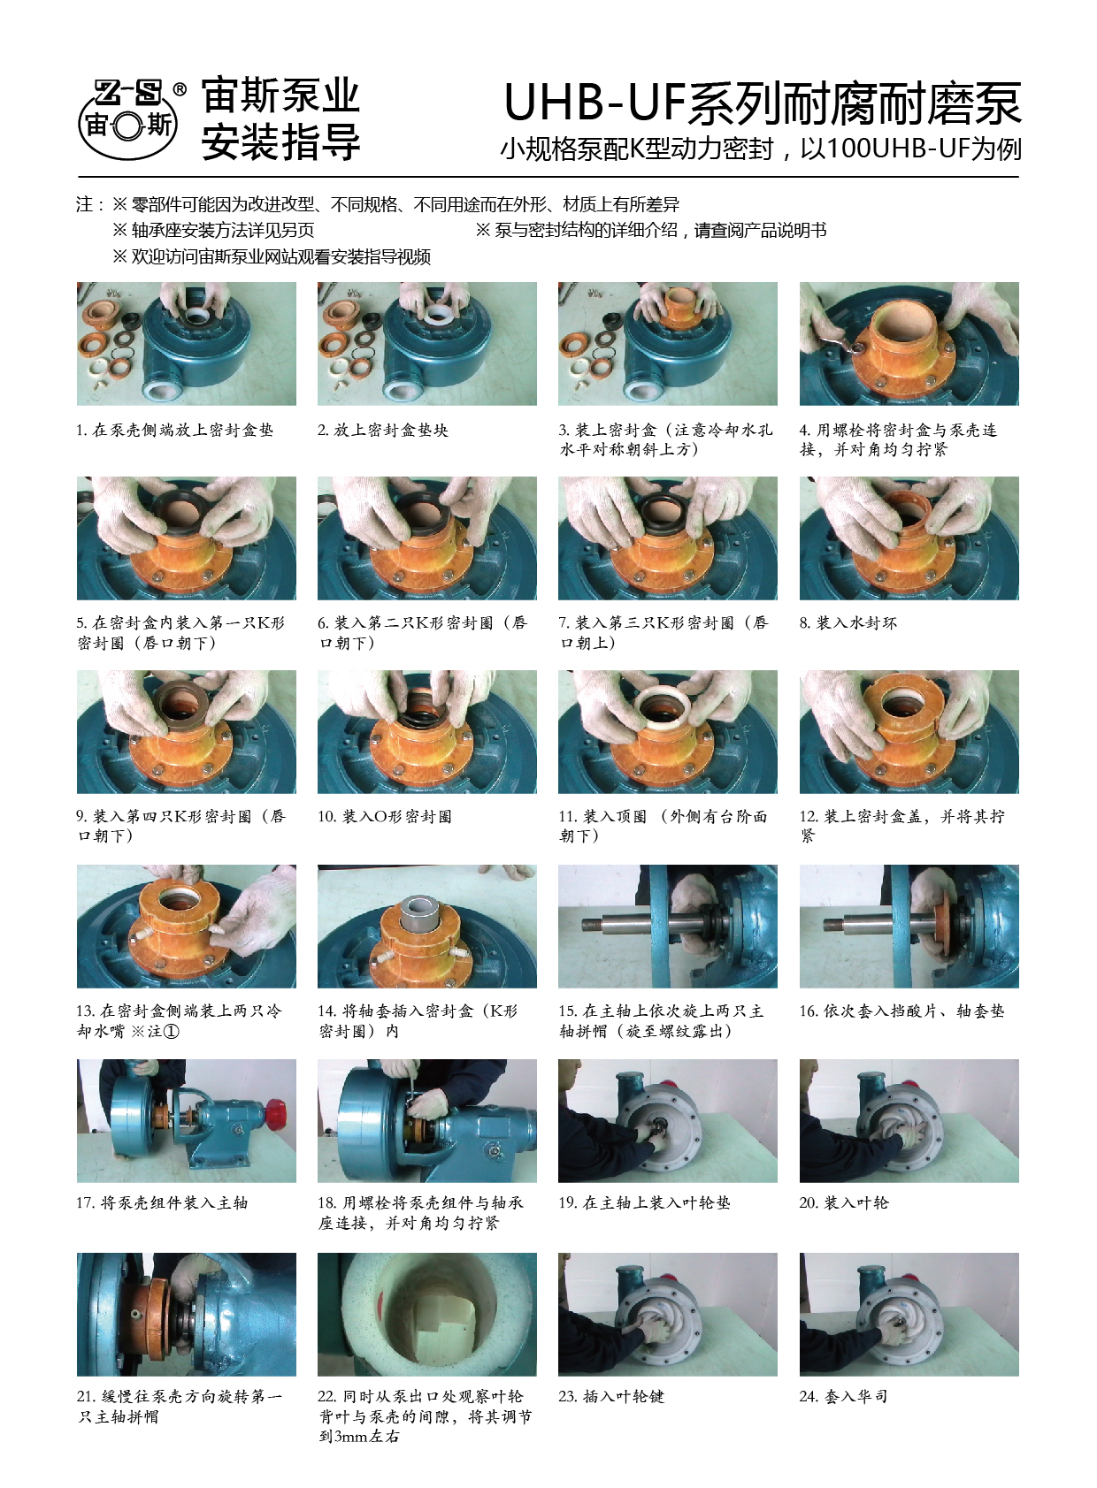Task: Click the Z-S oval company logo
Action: point(128,119)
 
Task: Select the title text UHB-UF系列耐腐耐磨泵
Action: point(763,103)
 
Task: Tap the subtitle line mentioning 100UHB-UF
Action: point(761,149)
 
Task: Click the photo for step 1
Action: point(186,343)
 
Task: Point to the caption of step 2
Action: point(383,430)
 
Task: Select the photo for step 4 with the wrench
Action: point(909,343)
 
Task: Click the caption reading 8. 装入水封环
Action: point(848,622)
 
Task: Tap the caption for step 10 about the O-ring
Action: point(385,816)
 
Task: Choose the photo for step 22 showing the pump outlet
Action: point(426,1314)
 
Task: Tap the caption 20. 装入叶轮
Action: point(844,1202)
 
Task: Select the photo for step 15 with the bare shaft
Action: point(668,926)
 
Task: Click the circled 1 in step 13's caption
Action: point(171,1031)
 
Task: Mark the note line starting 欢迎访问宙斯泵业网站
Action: point(272,256)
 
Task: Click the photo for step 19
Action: point(668,1121)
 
